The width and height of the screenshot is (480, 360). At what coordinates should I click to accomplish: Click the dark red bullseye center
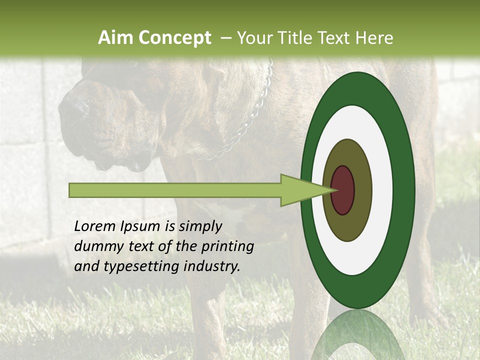pos(342,190)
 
